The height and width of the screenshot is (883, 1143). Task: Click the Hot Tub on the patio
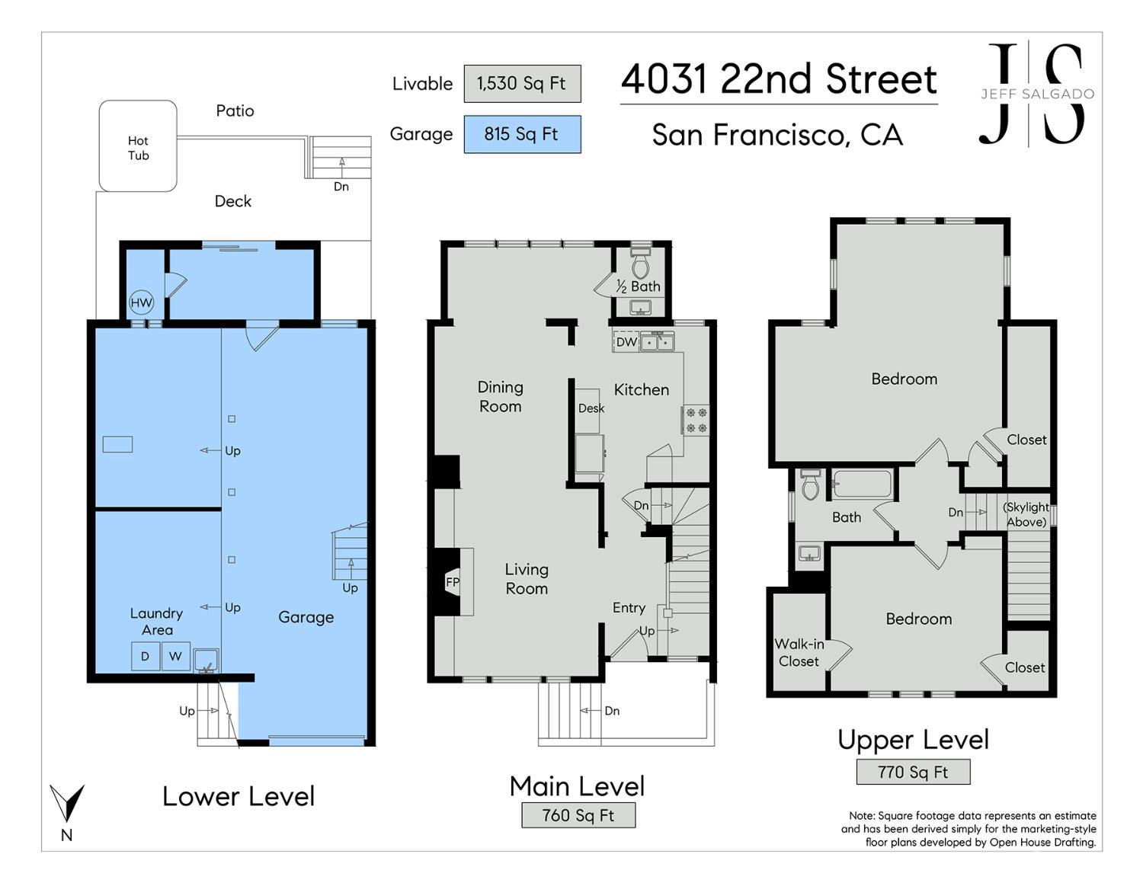click(138, 146)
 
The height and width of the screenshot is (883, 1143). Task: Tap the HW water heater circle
click(141, 302)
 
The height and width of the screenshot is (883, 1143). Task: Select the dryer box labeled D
click(146, 656)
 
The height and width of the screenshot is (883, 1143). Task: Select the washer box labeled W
click(176, 656)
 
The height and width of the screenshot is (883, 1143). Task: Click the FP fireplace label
click(453, 581)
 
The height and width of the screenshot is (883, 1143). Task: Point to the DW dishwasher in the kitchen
click(626, 342)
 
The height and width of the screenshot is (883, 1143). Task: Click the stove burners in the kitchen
click(696, 421)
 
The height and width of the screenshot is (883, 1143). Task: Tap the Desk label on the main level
click(591, 408)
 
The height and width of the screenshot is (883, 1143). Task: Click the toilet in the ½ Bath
click(641, 262)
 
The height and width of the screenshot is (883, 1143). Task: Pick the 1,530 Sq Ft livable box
click(522, 84)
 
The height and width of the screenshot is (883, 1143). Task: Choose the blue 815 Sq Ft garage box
click(522, 134)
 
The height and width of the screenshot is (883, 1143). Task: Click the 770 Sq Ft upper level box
click(913, 772)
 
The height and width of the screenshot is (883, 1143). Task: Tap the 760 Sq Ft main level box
click(578, 815)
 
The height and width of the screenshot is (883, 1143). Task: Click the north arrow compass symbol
click(67, 803)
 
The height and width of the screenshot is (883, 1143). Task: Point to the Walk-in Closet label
click(799, 653)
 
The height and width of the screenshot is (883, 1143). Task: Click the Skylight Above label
click(1026, 514)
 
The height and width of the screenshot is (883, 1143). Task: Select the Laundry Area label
click(157, 622)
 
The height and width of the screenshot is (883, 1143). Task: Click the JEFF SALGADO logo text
click(1037, 94)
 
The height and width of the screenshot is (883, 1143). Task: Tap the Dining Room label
click(500, 397)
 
